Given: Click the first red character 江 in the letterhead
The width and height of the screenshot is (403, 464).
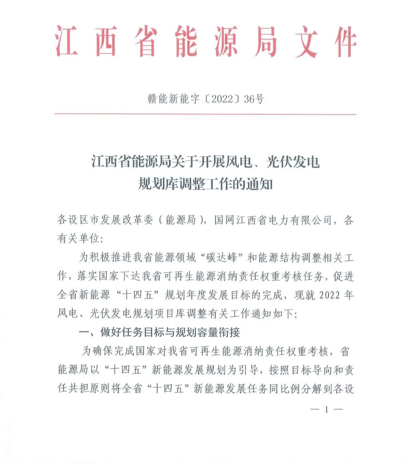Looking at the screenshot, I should pyautogui.click(x=68, y=41).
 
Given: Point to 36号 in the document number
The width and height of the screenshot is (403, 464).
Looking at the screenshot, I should pyautogui.click(x=254, y=99).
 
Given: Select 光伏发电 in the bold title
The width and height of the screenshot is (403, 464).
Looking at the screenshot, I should pyautogui.click(x=293, y=162).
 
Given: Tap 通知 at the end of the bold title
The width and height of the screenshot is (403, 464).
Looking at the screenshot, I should pyautogui.click(x=259, y=184).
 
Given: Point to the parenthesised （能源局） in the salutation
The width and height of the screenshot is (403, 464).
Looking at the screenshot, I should pyautogui.click(x=181, y=220).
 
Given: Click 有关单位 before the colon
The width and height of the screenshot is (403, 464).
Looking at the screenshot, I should pyautogui.click(x=78, y=239).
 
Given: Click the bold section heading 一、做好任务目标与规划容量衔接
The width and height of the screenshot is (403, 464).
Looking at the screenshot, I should pyautogui.click(x=159, y=332).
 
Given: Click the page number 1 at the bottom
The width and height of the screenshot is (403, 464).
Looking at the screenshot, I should pyautogui.click(x=326, y=410).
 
